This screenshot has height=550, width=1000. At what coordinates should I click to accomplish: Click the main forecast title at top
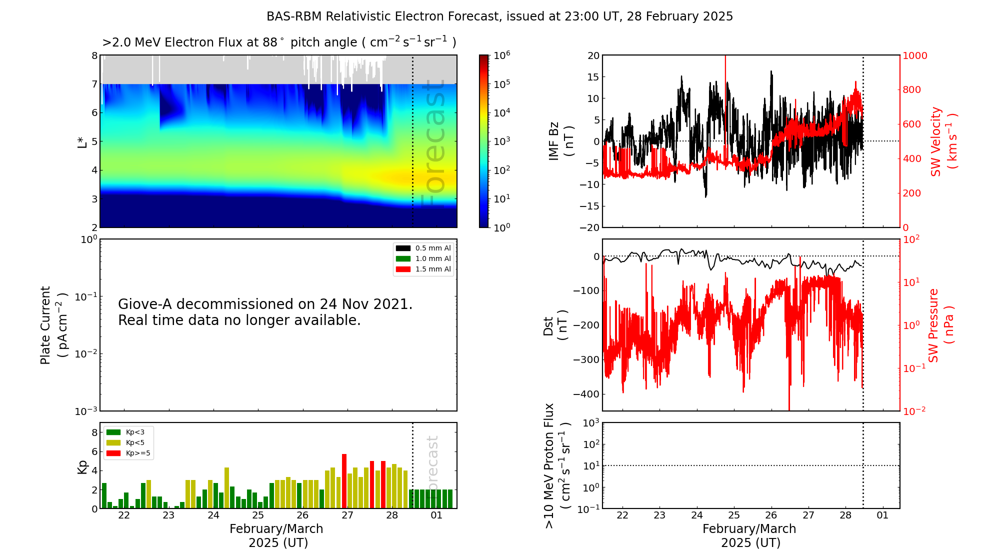point(499,16)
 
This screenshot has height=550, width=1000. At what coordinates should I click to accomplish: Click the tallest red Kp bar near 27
point(344,480)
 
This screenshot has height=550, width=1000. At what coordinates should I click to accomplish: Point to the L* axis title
point(82,141)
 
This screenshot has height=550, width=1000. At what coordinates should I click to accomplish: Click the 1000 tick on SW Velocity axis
point(914,55)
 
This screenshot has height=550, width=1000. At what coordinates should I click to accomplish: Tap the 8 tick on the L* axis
point(94,55)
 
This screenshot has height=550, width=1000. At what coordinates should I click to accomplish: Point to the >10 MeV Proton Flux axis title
point(557,465)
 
